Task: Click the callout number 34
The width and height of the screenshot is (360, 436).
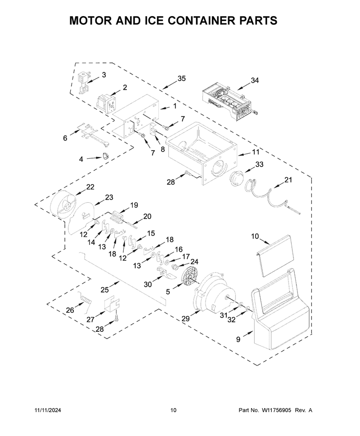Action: pyautogui.click(x=255, y=80)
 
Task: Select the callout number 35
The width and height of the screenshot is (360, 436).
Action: pyautogui.click(x=181, y=79)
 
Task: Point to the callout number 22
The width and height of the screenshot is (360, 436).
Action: pyautogui.click(x=90, y=187)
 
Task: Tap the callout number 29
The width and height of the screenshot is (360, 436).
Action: pyautogui.click(x=185, y=319)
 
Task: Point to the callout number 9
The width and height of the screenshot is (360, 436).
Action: pyautogui.click(x=238, y=339)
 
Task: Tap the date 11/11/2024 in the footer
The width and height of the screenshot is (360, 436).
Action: pyautogui.click(x=48, y=410)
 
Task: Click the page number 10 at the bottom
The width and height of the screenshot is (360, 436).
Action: pyautogui.click(x=173, y=410)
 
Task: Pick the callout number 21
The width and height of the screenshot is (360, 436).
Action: pyautogui.click(x=288, y=180)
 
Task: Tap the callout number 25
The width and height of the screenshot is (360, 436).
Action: pyautogui.click(x=104, y=290)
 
